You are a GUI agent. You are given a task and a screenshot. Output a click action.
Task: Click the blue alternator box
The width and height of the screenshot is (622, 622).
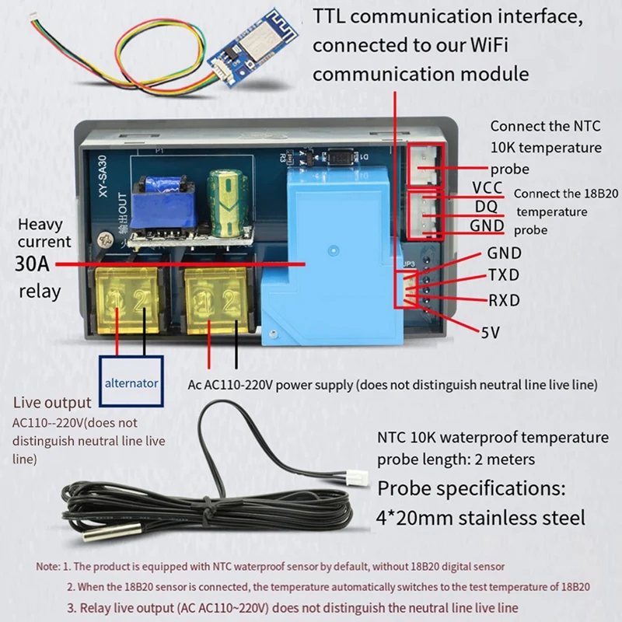click(132, 383)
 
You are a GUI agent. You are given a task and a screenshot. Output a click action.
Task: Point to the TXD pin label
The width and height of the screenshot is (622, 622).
click(503, 276)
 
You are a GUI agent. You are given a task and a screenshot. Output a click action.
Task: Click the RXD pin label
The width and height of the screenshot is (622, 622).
click(503, 300)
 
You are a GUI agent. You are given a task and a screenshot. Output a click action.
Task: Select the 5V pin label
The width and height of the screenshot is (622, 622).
click(490, 332)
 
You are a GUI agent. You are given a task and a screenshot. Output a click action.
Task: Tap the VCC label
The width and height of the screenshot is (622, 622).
click(487, 189)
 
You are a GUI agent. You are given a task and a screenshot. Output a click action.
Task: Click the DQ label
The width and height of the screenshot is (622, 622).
click(484, 207)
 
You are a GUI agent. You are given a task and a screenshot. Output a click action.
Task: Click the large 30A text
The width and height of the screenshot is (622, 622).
click(33, 264)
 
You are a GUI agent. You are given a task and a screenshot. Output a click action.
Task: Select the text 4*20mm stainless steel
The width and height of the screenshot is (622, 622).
click(480, 517)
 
